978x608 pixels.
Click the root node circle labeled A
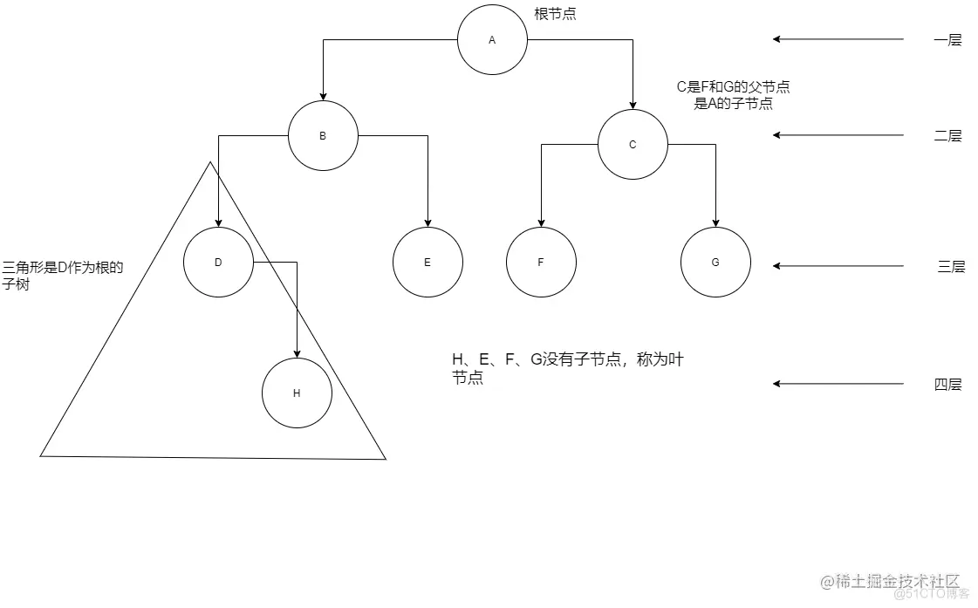pyautogui.click(x=492, y=40)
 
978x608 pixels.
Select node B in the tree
pyautogui.click(x=323, y=136)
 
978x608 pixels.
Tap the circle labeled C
pyautogui.click(x=633, y=145)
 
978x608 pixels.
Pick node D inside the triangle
pyautogui.click(x=218, y=262)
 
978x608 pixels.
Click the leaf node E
pyautogui.click(x=427, y=263)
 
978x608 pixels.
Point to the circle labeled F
pyautogui.click(x=541, y=263)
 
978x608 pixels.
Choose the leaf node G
pyautogui.click(x=715, y=263)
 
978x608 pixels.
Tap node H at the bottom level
pyautogui.click(x=297, y=393)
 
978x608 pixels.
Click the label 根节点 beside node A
pyautogui.click(x=555, y=14)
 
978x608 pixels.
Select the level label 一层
pyautogui.click(x=947, y=40)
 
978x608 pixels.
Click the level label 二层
pyautogui.click(x=947, y=136)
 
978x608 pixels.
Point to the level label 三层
pyautogui.click(x=951, y=267)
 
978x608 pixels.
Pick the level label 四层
pyautogui.click(x=947, y=385)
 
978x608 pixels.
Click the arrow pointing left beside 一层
pyautogui.click(x=838, y=39)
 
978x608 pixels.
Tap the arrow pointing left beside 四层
pyautogui.click(x=838, y=384)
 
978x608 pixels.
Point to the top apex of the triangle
pyautogui.click(x=210, y=162)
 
